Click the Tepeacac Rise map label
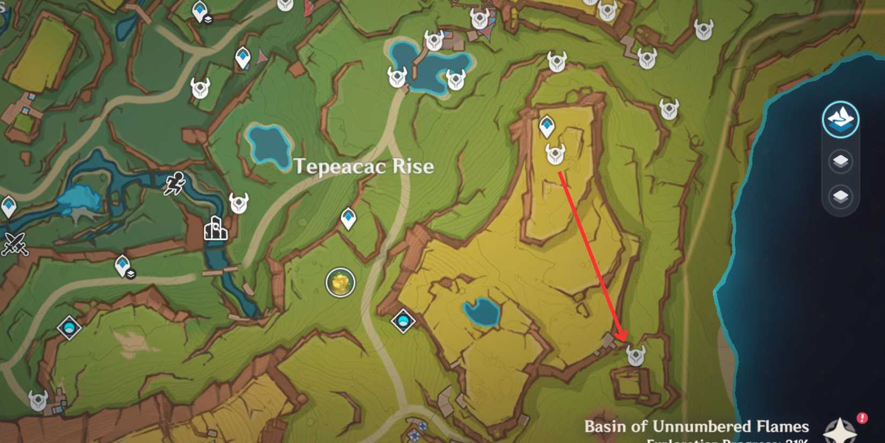pyautogui.click(x=364, y=166)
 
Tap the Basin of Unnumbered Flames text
pyautogui.click(x=696, y=426)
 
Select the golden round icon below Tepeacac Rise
pyautogui.click(x=341, y=282)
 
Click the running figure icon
pyautogui.click(x=175, y=184)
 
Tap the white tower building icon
pyautogui.click(x=216, y=228)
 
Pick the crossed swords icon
pyautogui.click(x=14, y=243)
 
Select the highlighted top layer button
pyautogui.click(x=840, y=119)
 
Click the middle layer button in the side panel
pyautogui.click(x=840, y=161)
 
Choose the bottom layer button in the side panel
pyautogui.click(x=840, y=197)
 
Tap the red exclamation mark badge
pyautogui.click(x=862, y=418)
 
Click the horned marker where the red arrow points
pyautogui.click(x=636, y=355)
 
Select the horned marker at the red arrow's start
pyautogui.click(x=555, y=154)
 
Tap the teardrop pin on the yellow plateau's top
pyautogui.click(x=547, y=126)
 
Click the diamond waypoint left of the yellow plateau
pyautogui.click(x=403, y=321)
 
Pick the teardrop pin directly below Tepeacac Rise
pyautogui.click(x=349, y=217)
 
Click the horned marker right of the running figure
pyautogui.click(x=239, y=203)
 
